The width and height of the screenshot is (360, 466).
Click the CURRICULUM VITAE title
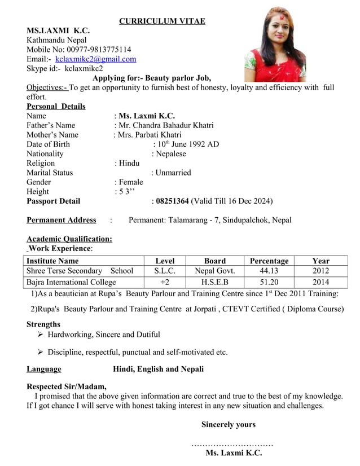click(162, 21)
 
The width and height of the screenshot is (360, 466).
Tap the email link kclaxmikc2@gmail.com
click(95, 59)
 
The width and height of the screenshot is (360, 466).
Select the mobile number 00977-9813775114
click(98, 49)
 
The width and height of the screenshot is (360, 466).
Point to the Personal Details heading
click(56, 106)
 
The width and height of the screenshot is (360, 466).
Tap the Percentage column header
click(269, 261)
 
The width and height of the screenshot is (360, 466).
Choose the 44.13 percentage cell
click(269, 271)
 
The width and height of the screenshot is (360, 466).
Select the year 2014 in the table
click(321, 282)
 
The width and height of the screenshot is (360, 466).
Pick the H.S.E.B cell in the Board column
click(215, 282)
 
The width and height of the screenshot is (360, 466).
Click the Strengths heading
click(43, 324)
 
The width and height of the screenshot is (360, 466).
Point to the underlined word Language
click(44, 369)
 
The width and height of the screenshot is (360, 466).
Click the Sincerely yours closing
click(228, 424)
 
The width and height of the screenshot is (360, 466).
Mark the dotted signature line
click(232, 445)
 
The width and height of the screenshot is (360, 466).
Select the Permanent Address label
click(61, 220)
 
